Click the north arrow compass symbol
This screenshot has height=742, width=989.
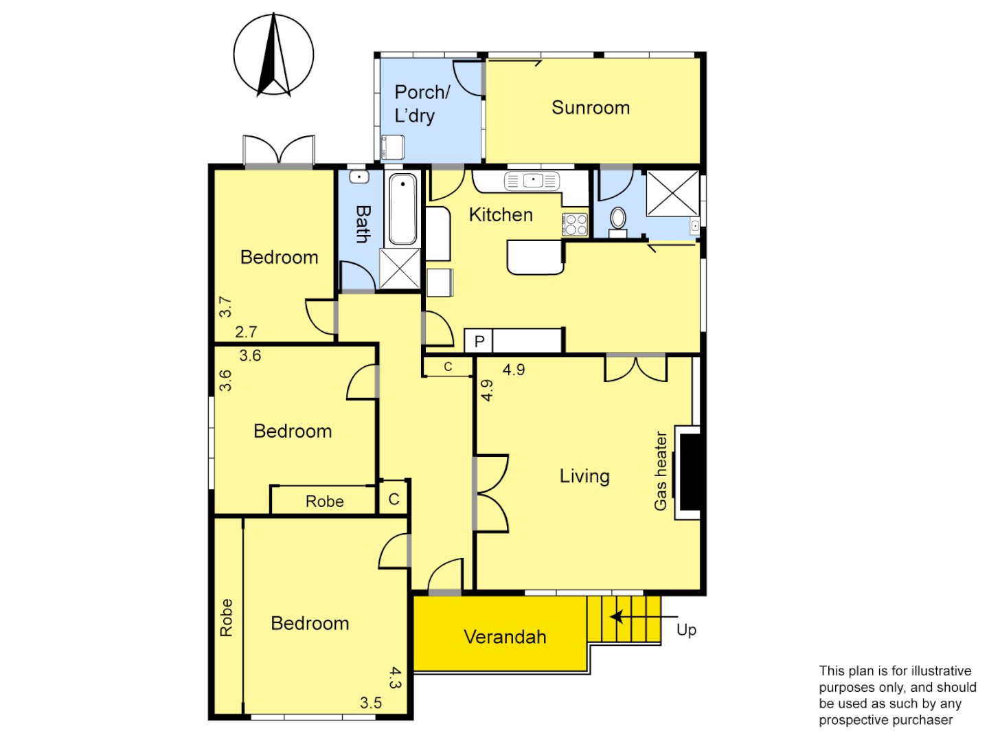pos(273,55)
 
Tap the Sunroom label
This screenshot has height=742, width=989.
pos(591,108)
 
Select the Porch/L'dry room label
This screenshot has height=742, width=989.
pos(421,104)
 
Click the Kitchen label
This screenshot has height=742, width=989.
pos(501,215)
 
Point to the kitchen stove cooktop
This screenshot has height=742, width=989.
pos(576,225)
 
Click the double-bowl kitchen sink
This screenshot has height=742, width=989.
pos(532,181)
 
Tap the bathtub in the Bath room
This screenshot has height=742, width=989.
pos(402,209)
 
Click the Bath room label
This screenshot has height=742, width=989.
pos(363,224)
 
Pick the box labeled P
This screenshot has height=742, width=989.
pos(479,341)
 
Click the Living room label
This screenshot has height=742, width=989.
pos(584,476)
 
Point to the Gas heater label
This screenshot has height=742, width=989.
pos(661,471)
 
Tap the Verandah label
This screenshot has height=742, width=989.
pos(505,637)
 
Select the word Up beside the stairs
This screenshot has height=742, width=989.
pos(686,630)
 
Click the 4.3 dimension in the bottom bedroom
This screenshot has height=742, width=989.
pos(395,677)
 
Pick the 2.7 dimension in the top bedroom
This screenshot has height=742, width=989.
pos(246,333)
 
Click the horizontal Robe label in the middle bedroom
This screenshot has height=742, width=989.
pos(324,502)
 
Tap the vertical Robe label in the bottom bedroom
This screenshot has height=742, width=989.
pos(226,617)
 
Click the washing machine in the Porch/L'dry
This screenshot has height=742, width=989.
pos(393,147)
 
